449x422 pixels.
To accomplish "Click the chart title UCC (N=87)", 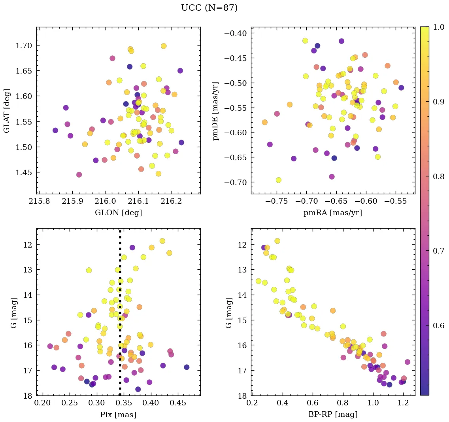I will pyautogui.click(x=209, y=8).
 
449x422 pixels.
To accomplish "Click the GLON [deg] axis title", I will pyautogui.click(x=118, y=213).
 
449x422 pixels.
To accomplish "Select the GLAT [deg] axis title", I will pyautogui.click(x=7, y=110).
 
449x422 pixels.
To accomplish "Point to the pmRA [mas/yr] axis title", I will pyautogui.click(x=332, y=213).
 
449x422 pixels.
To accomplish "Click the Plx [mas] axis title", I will pyautogui.click(x=118, y=415).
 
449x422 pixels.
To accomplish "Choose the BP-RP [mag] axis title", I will pyautogui.click(x=332, y=415).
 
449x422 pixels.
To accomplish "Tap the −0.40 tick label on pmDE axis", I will pyautogui.click(x=235, y=33).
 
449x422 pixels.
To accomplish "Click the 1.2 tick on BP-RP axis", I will pyautogui.click(x=403, y=403).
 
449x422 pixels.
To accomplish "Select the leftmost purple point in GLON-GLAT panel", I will pyautogui.click(x=55, y=130).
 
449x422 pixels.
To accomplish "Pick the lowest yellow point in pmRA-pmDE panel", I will pyautogui.click(x=278, y=180).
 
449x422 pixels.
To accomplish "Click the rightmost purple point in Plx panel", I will pyautogui.click(x=187, y=367).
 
